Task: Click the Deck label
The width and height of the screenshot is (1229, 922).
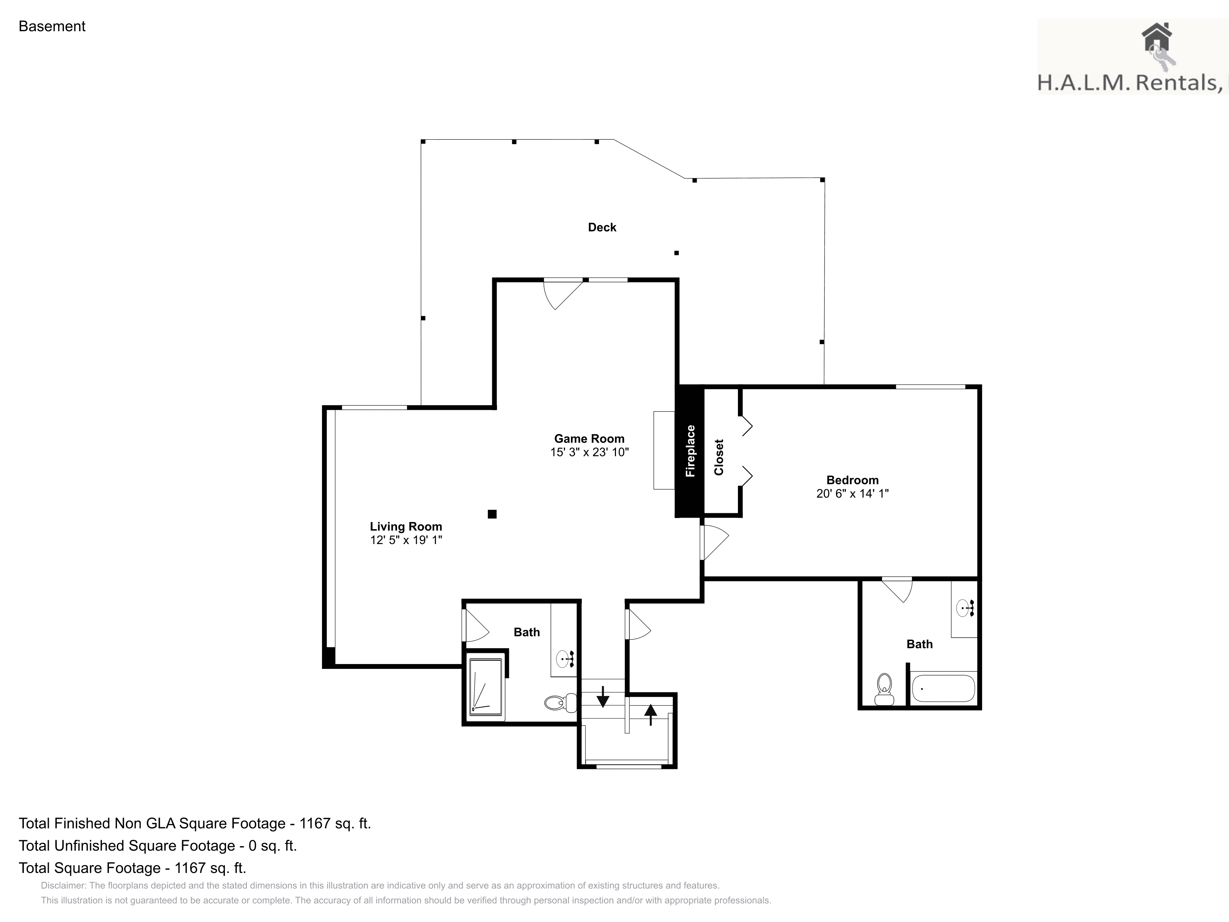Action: click(x=602, y=227)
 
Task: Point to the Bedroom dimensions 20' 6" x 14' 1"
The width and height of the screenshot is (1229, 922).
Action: click(x=852, y=493)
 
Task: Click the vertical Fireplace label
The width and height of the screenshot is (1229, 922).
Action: click(x=690, y=451)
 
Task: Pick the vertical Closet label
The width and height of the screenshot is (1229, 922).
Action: click(x=719, y=457)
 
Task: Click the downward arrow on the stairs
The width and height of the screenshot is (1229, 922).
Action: click(x=603, y=696)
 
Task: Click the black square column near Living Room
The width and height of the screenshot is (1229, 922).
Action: click(x=492, y=514)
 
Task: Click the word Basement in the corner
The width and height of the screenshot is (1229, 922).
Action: click(x=52, y=26)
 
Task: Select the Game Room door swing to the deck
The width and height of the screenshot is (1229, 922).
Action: click(x=563, y=294)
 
